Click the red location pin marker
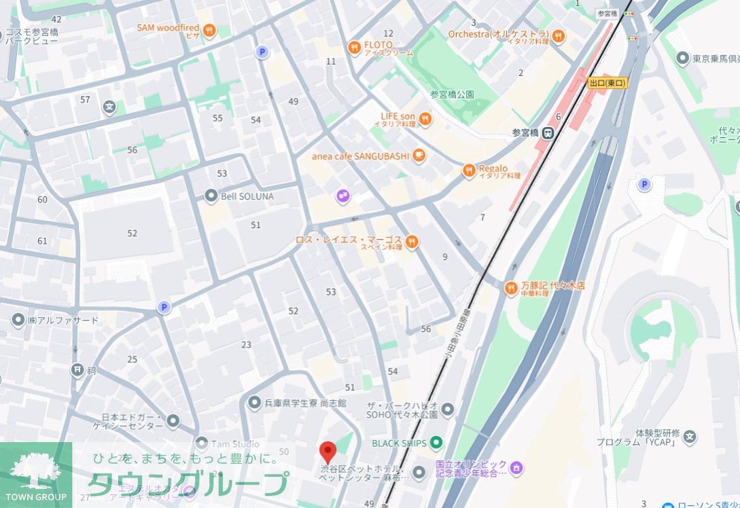click(x=328, y=452)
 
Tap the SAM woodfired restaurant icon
click(x=209, y=29)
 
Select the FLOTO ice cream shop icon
click(x=353, y=48)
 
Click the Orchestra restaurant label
click(x=498, y=34)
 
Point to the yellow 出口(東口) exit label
click(x=607, y=83)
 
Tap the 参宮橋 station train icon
click(x=548, y=133)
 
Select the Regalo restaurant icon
click(x=468, y=171)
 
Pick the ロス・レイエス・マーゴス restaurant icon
click(x=411, y=242)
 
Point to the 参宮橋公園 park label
click(x=452, y=94)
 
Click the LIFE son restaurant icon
click(x=425, y=120)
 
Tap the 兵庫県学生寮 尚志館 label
click(x=306, y=403)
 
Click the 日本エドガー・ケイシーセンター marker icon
click(x=173, y=421)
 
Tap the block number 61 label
click(x=42, y=241)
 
